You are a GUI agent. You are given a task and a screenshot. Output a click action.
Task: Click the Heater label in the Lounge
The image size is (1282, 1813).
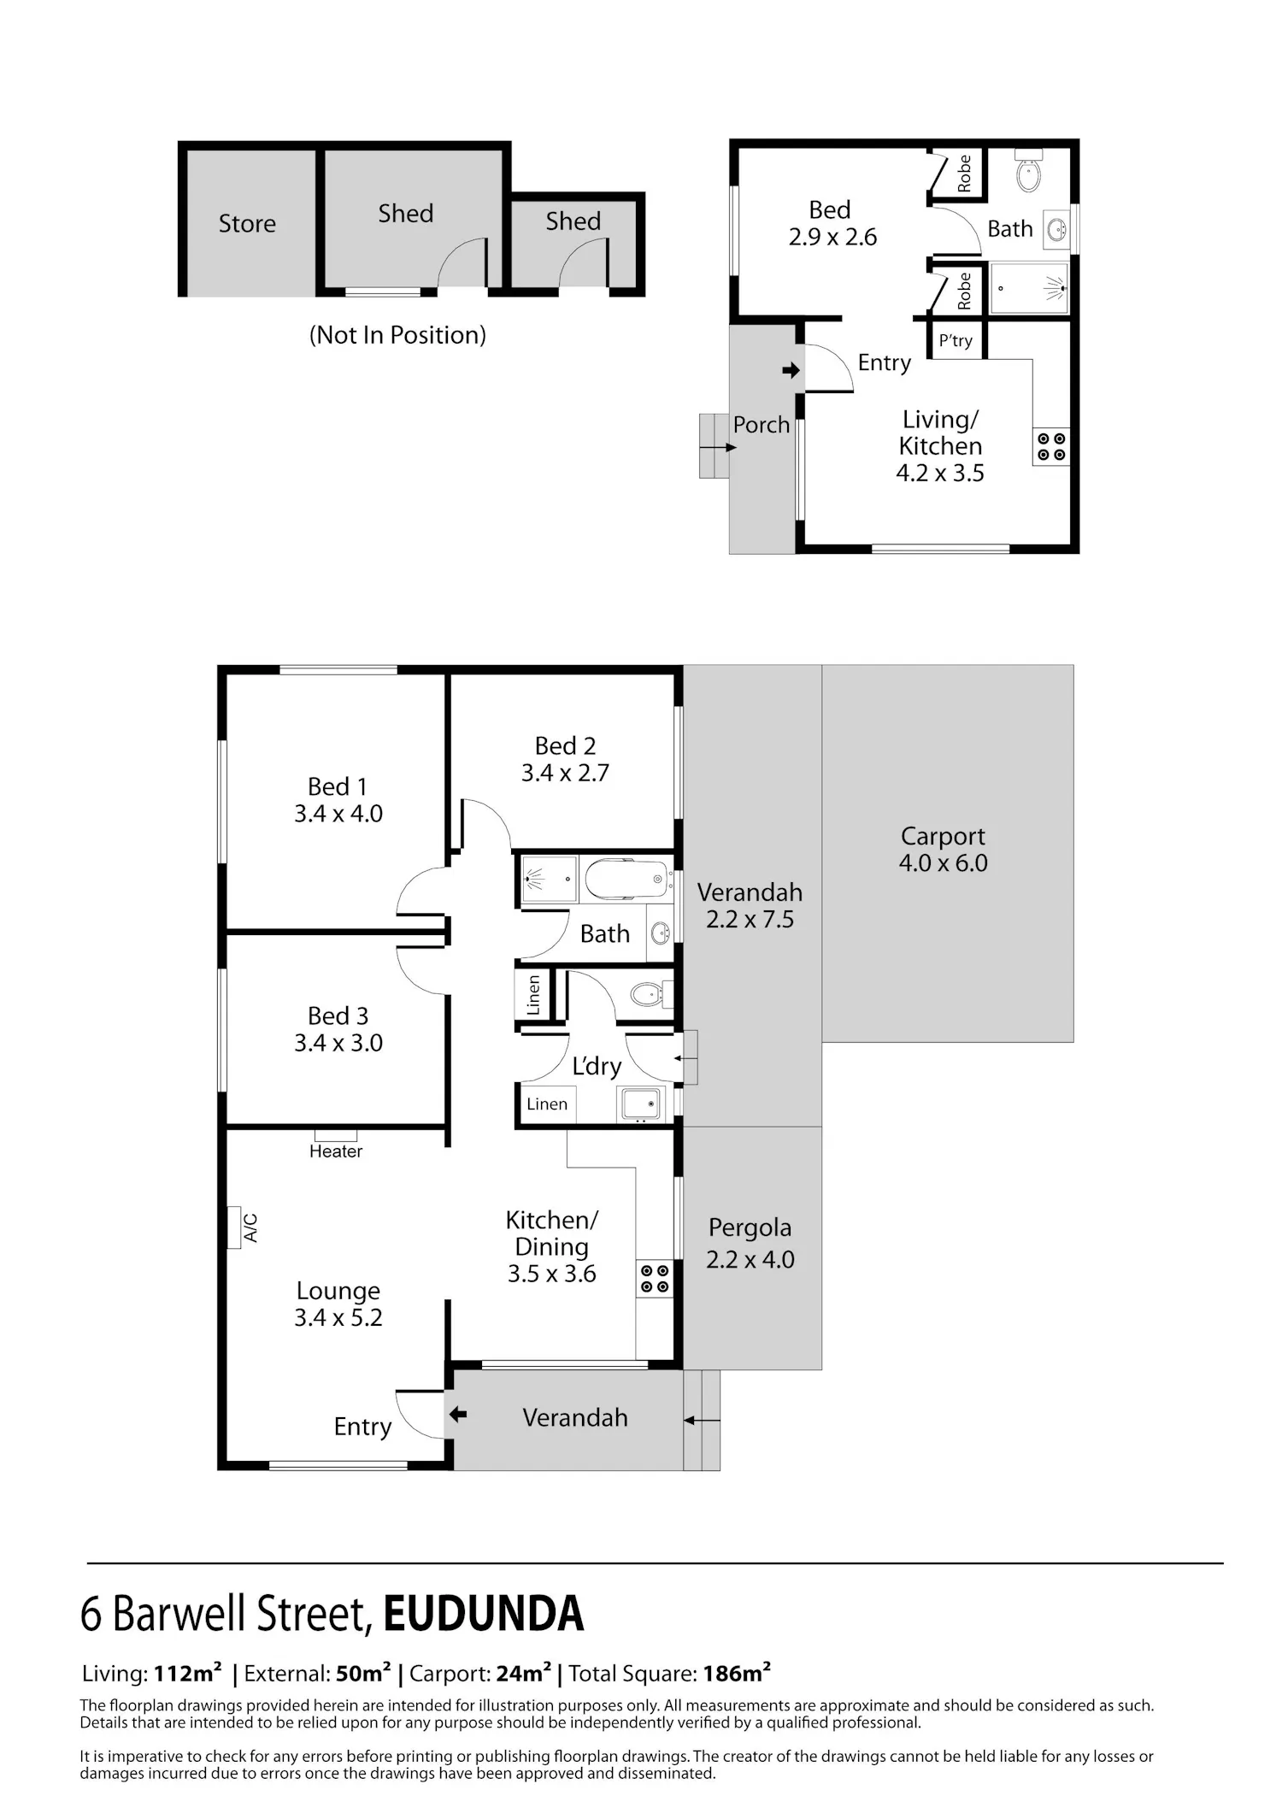coord(336,1151)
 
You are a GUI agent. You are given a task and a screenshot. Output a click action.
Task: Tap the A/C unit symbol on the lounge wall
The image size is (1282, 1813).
coord(233,1227)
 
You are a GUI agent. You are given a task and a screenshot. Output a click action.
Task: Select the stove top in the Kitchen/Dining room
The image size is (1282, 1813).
coord(655,1279)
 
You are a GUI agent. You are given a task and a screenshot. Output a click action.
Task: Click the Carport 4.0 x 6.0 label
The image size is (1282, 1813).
coord(943,849)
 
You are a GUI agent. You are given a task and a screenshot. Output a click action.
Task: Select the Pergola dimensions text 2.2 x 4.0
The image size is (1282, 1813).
coord(750,1259)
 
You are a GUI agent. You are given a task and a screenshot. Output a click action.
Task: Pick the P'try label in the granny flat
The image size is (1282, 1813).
coord(956,340)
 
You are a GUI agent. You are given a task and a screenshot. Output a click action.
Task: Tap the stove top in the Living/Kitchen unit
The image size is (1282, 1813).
coord(1051,446)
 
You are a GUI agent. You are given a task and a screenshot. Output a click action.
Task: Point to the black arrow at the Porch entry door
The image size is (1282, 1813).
coord(791,370)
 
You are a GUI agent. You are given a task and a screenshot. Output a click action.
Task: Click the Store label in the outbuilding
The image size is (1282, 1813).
coord(247,223)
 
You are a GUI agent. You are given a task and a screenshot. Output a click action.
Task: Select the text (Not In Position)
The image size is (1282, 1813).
coord(397,335)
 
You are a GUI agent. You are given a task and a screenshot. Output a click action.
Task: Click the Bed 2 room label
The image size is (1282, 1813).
coord(565,746)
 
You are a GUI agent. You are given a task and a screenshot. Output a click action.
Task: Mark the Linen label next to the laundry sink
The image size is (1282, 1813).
coord(547,1104)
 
